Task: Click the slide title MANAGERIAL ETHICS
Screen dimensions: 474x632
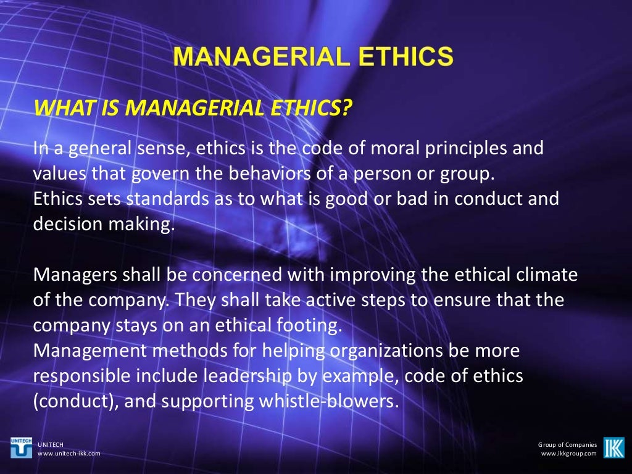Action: (x=314, y=57)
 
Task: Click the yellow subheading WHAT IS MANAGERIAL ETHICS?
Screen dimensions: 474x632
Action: (x=193, y=108)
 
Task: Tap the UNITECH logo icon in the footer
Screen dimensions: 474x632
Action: (x=22, y=447)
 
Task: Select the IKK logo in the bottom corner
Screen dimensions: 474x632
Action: (x=613, y=447)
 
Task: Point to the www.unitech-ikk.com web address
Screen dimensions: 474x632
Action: (x=69, y=454)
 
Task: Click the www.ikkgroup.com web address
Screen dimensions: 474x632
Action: (x=568, y=454)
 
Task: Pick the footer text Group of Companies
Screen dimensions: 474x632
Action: (x=567, y=444)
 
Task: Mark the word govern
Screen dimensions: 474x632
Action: (x=152, y=174)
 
